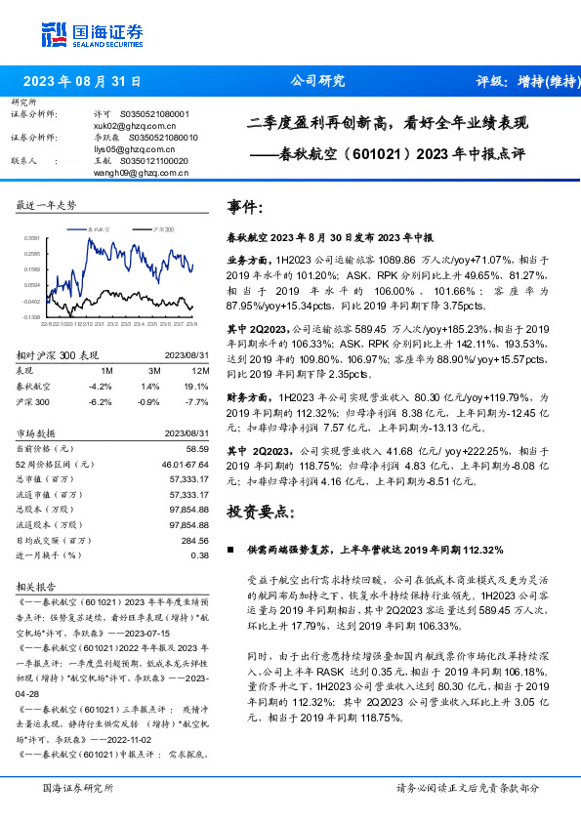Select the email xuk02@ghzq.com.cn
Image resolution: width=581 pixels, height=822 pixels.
pyautogui.click(x=115, y=126)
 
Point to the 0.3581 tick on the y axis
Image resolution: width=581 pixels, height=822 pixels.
pyautogui.click(x=31, y=237)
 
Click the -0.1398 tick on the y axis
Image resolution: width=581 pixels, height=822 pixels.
pyautogui.click(x=31, y=316)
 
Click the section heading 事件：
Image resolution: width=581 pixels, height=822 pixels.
pyautogui.click(x=244, y=208)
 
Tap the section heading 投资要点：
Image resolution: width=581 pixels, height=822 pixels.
pyautogui.click(x=259, y=511)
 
